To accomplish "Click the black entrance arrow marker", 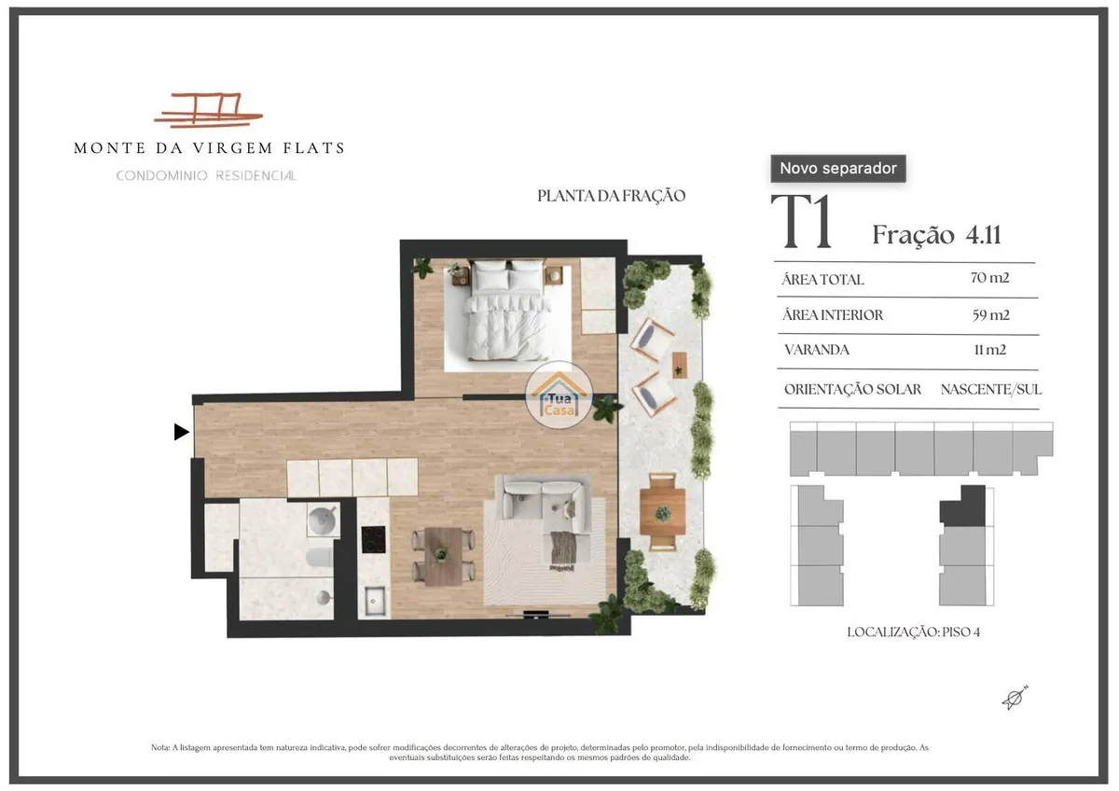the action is (181, 432).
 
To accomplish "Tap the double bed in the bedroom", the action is (506, 310).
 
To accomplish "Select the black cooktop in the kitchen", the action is (373, 540).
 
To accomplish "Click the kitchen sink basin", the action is (375, 600).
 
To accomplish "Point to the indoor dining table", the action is (443, 556).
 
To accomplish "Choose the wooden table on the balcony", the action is (662, 512).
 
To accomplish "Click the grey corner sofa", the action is (546, 505).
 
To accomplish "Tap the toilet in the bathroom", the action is (319, 557).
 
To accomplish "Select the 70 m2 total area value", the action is (989, 278).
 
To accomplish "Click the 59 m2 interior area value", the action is (990, 315).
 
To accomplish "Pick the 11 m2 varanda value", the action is (990, 350).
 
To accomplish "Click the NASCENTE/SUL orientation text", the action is (991, 389).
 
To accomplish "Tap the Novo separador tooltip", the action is (838, 169).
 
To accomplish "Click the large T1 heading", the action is (802, 221).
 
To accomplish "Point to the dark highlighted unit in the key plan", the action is (963, 506).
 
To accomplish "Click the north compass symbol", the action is (1015, 698).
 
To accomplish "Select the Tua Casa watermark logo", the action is (559, 395).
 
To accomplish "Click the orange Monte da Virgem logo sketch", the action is (208, 109).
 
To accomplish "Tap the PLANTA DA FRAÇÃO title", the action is (611, 196).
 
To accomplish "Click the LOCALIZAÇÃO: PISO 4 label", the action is (914, 632).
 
